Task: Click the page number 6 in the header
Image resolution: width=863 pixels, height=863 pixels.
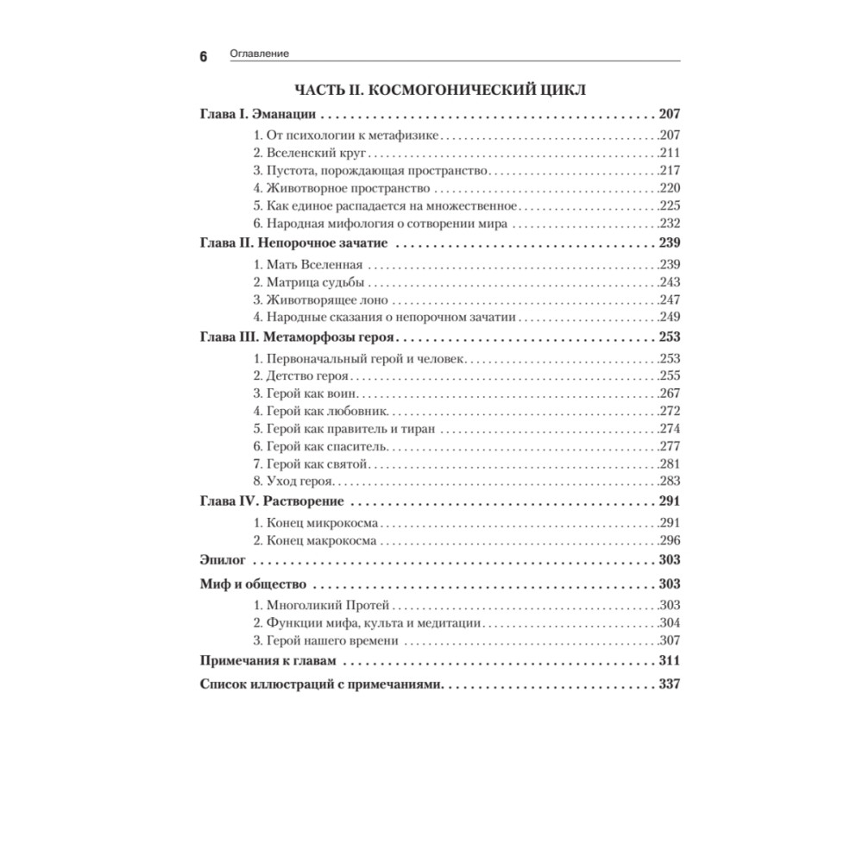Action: [204, 57]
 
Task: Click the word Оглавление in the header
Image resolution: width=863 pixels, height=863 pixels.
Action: [259, 54]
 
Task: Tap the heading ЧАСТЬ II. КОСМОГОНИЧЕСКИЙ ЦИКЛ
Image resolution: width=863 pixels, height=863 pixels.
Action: [441, 90]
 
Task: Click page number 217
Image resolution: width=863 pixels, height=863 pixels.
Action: [670, 171]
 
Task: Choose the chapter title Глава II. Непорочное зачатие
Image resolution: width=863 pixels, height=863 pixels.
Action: [293, 245]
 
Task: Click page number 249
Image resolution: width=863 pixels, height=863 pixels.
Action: [670, 318]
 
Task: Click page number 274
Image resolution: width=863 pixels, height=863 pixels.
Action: [670, 429]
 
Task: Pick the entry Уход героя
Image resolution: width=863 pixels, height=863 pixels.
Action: [293, 483]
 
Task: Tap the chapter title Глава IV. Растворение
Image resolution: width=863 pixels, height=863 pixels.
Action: [272, 502]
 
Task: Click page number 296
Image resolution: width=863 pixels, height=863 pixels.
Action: [670, 541]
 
